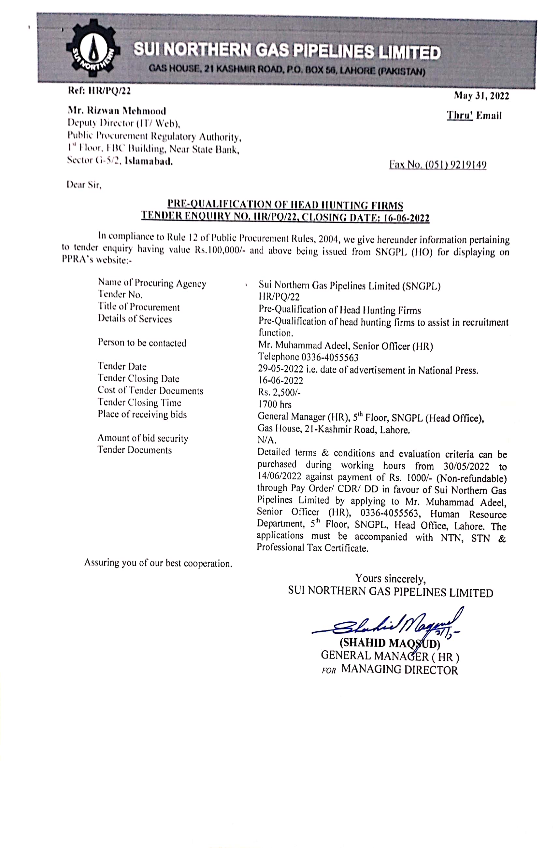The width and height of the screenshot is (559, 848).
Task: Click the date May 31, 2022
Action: (x=481, y=95)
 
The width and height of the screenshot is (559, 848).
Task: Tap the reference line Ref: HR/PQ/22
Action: (x=99, y=91)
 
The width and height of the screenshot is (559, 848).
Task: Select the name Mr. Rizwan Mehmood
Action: (x=117, y=111)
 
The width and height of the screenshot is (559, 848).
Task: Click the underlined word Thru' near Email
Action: (x=460, y=115)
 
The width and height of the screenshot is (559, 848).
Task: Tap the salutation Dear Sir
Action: (x=84, y=185)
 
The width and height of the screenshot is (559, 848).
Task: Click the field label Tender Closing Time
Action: (x=139, y=402)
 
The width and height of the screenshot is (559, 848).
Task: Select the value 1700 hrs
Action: (x=275, y=404)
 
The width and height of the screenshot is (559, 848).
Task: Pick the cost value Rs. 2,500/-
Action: (x=279, y=392)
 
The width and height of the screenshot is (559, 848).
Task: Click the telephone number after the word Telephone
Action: (x=330, y=357)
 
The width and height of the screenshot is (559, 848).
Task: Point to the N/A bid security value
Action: (x=267, y=440)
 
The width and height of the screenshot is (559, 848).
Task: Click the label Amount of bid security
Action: (x=143, y=438)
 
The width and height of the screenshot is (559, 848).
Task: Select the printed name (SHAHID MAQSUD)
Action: (x=390, y=643)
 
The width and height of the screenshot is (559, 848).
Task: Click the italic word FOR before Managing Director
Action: (x=329, y=670)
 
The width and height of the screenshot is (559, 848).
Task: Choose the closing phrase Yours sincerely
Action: (x=390, y=578)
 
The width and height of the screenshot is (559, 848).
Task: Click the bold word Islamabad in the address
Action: (x=149, y=162)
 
